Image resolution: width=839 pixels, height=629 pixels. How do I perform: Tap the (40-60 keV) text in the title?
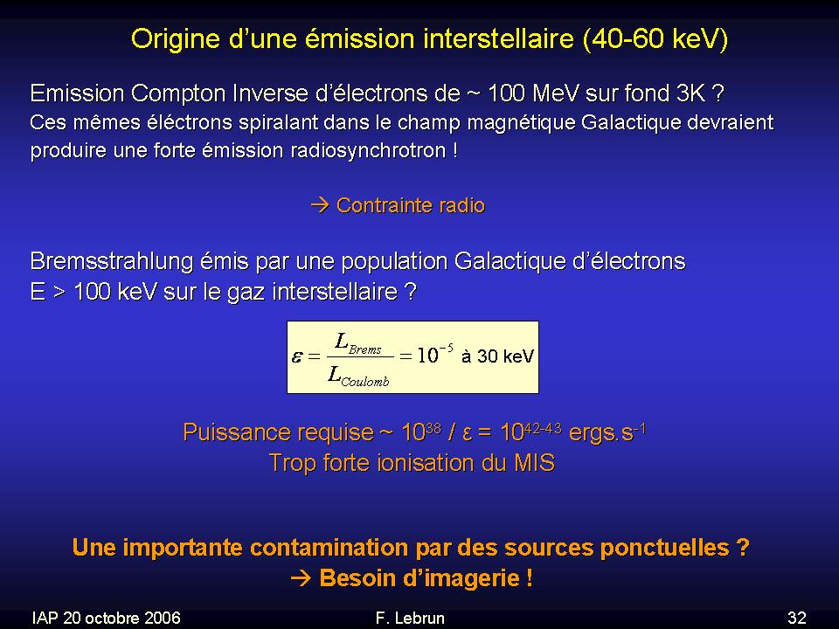pyautogui.click(x=655, y=39)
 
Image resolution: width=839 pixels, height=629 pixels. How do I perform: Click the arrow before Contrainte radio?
pyautogui.click(x=320, y=204)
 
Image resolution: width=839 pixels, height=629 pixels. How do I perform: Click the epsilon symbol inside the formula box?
pyautogui.click(x=297, y=356)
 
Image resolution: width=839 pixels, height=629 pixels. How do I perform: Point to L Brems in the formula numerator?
pyautogui.click(x=358, y=344)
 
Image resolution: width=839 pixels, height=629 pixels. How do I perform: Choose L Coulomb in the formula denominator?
pyautogui.click(x=358, y=376)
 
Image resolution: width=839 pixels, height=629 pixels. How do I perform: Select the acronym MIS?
pyautogui.click(x=535, y=463)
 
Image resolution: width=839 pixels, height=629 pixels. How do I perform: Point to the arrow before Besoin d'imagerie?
pyautogui.click(x=301, y=578)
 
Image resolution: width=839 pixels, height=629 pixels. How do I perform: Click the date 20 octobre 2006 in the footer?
pyautogui.click(x=121, y=618)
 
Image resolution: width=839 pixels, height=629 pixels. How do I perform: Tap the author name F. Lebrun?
pyautogui.click(x=410, y=618)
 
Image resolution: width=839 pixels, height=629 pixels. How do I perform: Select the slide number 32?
pyautogui.click(x=797, y=618)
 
